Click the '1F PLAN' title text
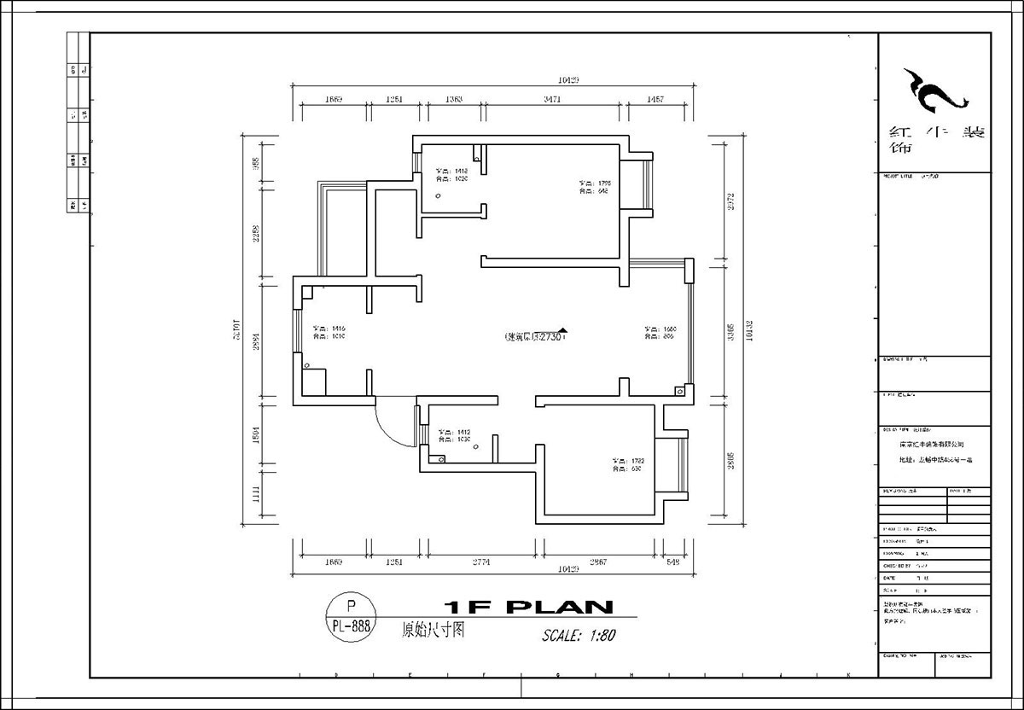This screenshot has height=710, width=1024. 529,608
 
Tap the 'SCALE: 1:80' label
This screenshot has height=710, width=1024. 578,636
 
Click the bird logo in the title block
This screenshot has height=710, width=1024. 935,90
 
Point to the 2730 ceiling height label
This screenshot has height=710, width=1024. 533,337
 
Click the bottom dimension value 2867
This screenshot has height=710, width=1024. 598,562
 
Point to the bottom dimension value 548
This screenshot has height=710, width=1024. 673,562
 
